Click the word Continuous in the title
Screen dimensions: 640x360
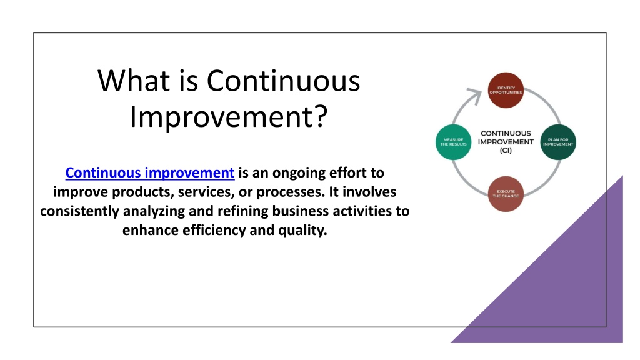[283, 81]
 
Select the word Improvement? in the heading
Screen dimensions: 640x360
[229, 117]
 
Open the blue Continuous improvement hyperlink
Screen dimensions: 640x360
[150, 172]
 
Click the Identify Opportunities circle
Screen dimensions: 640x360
[506, 90]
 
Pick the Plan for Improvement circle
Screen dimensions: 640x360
[558, 142]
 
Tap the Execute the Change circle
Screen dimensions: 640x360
[506, 194]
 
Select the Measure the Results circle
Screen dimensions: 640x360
[454, 142]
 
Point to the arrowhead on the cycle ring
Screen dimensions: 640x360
[476, 96]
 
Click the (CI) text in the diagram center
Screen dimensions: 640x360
[506, 150]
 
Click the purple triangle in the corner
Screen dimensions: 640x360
[571, 286]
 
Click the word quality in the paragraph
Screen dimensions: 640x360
[302, 231]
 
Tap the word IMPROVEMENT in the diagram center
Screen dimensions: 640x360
[506, 142]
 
